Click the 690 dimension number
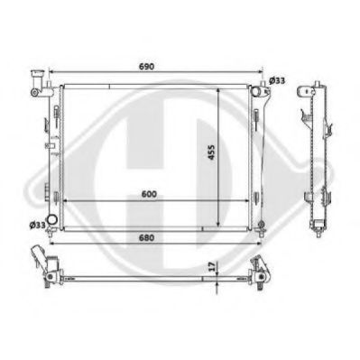point(147,67)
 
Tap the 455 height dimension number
point(212,152)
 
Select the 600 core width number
point(149,194)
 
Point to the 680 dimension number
point(147,237)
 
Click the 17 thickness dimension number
point(212,266)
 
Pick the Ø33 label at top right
point(277,80)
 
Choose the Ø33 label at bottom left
point(37,225)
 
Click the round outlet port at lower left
point(53,219)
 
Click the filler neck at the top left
point(39,83)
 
